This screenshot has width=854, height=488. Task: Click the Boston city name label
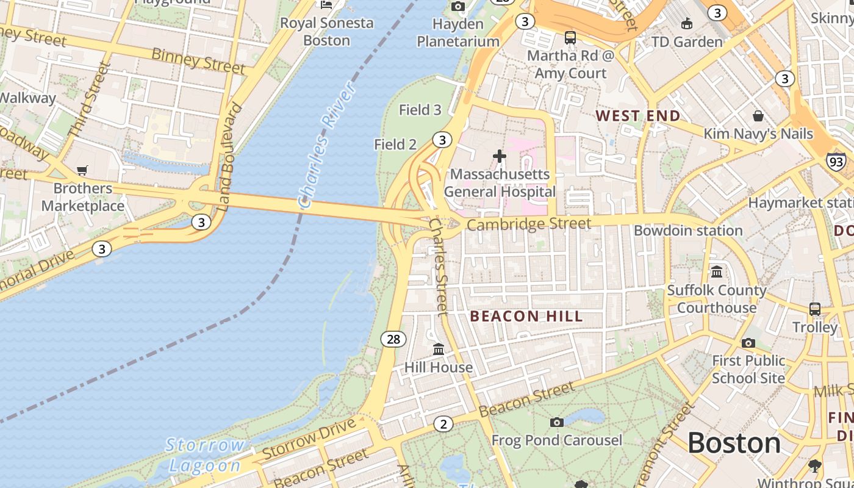pyautogui.click(x=734, y=443)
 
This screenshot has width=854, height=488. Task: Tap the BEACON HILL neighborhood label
pyautogui.click(x=527, y=316)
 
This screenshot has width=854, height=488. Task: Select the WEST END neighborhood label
pyautogui.click(x=637, y=116)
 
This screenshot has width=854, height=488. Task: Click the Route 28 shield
pyautogui.click(x=393, y=339)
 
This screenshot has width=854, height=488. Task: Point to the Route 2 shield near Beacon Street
pyautogui.click(x=443, y=424)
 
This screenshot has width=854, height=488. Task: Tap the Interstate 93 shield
pyautogui.click(x=836, y=162)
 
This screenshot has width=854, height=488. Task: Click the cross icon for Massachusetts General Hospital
pyautogui.click(x=500, y=157)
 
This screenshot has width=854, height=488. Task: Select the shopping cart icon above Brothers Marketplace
pyautogui.click(x=82, y=171)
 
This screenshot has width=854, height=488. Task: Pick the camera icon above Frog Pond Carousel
pyautogui.click(x=556, y=422)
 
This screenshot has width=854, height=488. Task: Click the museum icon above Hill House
pyautogui.click(x=439, y=350)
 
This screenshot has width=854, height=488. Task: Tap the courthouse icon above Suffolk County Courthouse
pyautogui.click(x=717, y=271)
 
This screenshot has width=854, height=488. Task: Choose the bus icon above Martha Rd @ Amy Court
pyautogui.click(x=570, y=38)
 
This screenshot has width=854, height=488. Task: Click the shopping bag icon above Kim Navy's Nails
pyautogui.click(x=758, y=116)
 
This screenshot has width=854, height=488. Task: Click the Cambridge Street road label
pyautogui.click(x=529, y=224)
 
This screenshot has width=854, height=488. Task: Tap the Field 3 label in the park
pyautogui.click(x=420, y=110)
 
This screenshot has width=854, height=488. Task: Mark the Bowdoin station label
pyautogui.click(x=688, y=231)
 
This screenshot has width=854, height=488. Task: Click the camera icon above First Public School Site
pyautogui.click(x=748, y=343)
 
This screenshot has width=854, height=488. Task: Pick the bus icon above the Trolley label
pyautogui.click(x=815, y=309)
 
